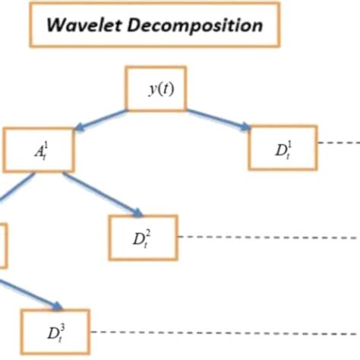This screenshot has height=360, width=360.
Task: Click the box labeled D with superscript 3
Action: click(55, 331)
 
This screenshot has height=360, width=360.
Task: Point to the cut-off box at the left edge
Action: click(2, 245)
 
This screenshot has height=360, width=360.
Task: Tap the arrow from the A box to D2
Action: click(102, 194)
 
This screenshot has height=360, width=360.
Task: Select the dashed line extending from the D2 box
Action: click(266, 237)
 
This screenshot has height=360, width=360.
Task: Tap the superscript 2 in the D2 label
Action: click(149, 230)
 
